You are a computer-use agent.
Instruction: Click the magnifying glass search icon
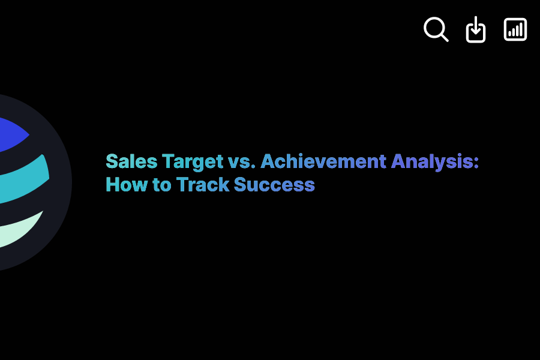pos(436,29)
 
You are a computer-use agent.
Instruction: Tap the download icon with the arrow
pos(476,29)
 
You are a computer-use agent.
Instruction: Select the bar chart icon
pos(515,29)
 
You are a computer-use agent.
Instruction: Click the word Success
pos(274,184)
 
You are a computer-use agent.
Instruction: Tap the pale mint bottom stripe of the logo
pos(18,231)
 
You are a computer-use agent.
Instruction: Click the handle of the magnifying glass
pos(444,37)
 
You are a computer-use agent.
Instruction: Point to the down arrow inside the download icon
pos(476,27)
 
